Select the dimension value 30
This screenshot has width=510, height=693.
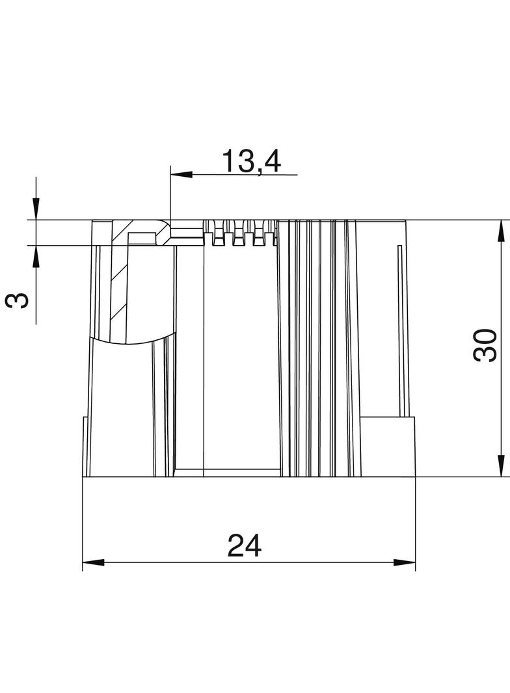(485, 345)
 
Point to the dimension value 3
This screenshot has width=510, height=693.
(18, 301)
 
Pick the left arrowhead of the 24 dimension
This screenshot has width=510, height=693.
(93, 562)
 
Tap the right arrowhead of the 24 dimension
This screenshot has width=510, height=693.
(405, 562)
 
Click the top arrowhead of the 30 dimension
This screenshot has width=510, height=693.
(501, 231)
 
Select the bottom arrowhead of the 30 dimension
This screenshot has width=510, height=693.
(501, 466)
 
